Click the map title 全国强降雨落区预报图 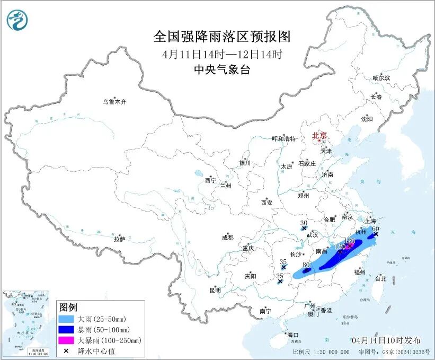[x=222, y=37]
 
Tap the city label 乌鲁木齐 [x=115, y=102]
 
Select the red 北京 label [x=320, y=135]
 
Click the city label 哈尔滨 [x=380, y=78]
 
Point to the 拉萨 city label [x=119, y=239]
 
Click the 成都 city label [x=227, y=238]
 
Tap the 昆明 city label [x=215, y=289]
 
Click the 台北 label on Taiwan [x=380, y=278]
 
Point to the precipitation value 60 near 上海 [x=376, y=229]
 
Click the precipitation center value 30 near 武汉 [x=304, y=223]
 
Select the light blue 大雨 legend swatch [x=68, y=319]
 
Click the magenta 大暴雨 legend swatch [x=68, y=340]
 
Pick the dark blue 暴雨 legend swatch [x=68, y=330]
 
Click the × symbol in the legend [x=67, y=350]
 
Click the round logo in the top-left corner [x=17, y=20]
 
